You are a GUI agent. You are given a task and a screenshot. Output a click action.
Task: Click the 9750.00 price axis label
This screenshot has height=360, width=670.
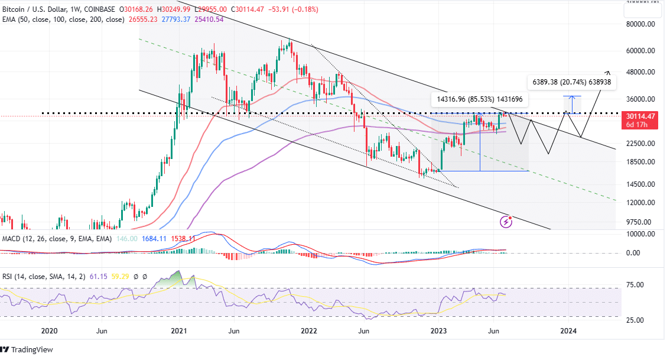pos(642,222)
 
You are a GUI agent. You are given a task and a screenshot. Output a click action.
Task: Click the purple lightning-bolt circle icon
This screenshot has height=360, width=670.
pos(506,222)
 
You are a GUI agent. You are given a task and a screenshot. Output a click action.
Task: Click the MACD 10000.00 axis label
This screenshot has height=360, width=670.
pos(640,234)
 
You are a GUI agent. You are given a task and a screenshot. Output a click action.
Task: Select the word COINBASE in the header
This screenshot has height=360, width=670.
pos(100,8)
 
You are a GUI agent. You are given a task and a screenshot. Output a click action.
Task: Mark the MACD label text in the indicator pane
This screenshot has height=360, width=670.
pos(12,238)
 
